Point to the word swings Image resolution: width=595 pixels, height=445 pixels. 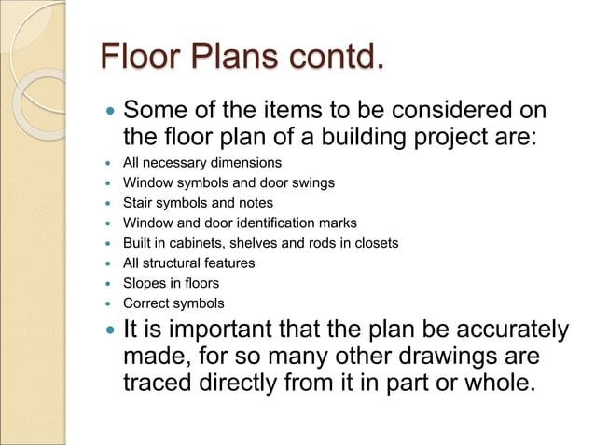click(x=313, y=182)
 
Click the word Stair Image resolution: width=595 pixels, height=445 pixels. click(x=140, y=203)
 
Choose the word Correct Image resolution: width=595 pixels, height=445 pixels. click(x=148, y=303)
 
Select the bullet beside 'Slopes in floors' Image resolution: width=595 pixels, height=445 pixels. click(x=105, y=284)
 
